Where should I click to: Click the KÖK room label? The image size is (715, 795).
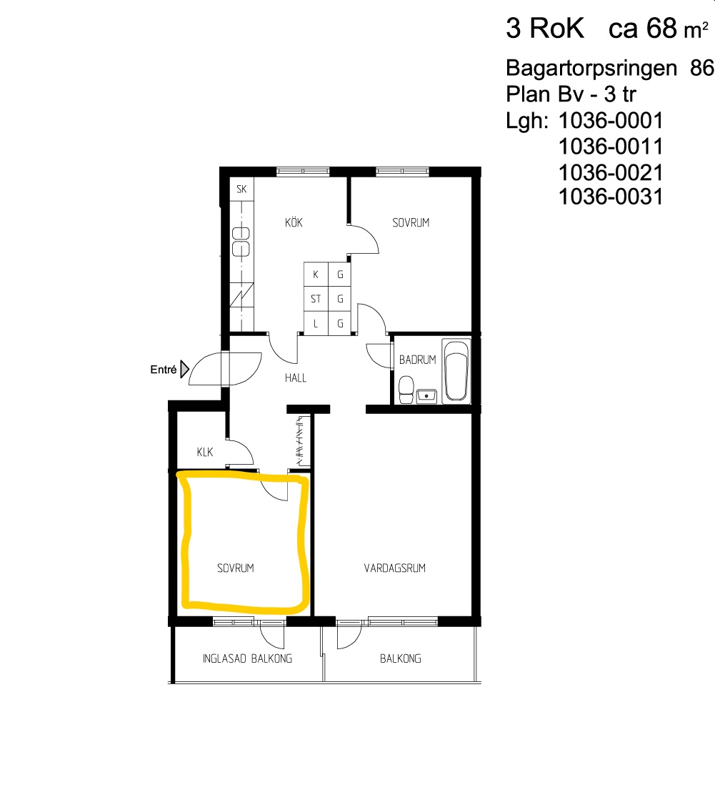click(x=294, y=223)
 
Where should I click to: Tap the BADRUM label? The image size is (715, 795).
click(x=417, y=360)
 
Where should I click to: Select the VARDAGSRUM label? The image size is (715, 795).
click(x=395, y=568)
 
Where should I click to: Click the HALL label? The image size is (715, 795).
click(x=295, y=377)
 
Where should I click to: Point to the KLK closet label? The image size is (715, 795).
click(x=206, y=452)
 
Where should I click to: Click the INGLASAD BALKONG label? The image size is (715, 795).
click(x=247, y=658)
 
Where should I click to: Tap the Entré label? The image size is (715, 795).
click(x=163, y=370)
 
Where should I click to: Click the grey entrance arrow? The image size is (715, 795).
click(x=184, y=370)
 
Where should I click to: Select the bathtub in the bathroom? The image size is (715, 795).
click(x=456, y=370)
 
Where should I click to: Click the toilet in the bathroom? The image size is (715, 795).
click(x=406, y=390)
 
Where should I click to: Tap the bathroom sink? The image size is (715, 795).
click(x=428, y=394)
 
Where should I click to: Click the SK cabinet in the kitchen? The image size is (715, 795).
click(x=241, y=189)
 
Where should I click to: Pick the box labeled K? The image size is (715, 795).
click(x=316, y=275)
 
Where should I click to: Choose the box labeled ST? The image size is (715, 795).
click(x=316, y=299)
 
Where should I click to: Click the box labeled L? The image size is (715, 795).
click(x=316, y=323)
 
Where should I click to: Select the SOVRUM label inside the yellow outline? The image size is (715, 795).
click(x=236, y=568)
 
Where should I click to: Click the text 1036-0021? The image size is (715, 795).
click(x=611, y=172)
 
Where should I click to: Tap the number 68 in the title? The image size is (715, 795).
click(x=661, y=29)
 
